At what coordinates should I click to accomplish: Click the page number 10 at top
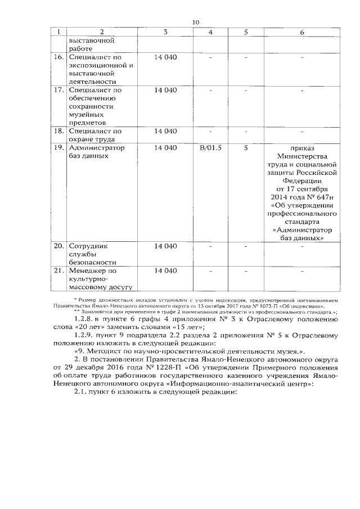(x=195, y=22)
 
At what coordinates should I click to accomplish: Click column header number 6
(x=302, y=32)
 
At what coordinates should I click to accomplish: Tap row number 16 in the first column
(x=58, y=57)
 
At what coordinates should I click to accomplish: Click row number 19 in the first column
(x=58, y=148)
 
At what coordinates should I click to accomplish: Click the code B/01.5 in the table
(x=211, y=148)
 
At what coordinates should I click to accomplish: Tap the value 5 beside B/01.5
(x=246, y=148)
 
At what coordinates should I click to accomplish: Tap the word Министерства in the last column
(x=302, y=156)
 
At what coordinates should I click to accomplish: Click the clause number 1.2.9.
(x=78, y=335)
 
